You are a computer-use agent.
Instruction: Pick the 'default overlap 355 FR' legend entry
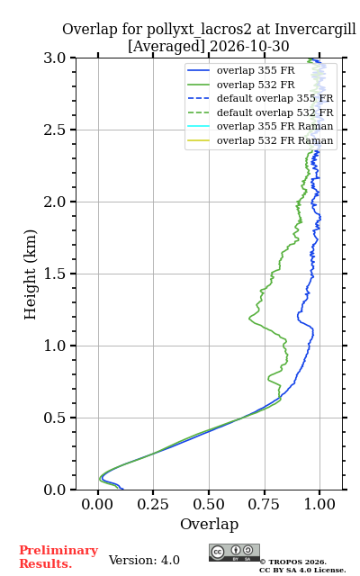coord(260,98)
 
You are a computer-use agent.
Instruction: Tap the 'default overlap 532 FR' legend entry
coord(260,112)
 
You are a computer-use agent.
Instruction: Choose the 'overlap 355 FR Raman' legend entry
coord(260,126)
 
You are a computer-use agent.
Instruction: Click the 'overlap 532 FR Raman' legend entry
coord(260,140)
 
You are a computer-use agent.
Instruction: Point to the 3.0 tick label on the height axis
coord(55,58)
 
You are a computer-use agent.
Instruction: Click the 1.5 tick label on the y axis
coord(55,274)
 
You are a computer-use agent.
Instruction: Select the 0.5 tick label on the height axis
coord(55,418)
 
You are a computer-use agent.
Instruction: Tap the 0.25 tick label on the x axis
coord(153,504)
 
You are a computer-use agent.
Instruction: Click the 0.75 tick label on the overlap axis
coord(264,504)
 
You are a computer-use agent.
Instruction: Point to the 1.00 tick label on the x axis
coord(319,504)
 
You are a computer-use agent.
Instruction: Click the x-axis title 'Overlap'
coord(209,524)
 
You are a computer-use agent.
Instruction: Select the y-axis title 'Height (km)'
coord(31,274)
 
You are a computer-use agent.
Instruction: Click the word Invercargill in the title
coord(316,30)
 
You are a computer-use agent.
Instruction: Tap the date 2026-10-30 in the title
coord(249,46)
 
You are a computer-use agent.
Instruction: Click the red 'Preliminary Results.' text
coord(58,557)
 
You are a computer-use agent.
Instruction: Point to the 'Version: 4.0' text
coord(144,560)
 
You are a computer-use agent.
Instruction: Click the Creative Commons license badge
coord(234,553)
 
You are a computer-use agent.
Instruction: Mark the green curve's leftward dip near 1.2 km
coord(250,318)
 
